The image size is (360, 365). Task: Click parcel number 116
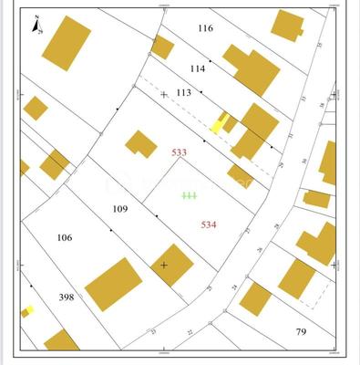pos(205,28)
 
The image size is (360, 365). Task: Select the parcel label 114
pos(198,68)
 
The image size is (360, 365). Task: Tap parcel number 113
pos(183,92)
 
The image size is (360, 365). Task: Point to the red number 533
pos(180,152)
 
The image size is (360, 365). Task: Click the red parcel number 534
pos(209,224)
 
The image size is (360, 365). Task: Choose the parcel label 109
pos(119,209)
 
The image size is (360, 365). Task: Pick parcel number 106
pos(64,237)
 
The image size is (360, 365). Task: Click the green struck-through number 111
pos(189,195)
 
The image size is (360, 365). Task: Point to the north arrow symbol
pos(34,23)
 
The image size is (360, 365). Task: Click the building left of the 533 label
pos(141,143)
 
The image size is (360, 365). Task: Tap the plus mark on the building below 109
pos(164,265)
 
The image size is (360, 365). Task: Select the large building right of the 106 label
pos(114,284)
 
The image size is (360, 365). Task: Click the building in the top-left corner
pos(67,42)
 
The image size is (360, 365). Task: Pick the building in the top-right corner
pos(288,25)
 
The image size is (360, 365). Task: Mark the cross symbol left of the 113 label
pos(164,94)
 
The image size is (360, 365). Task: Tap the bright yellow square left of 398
pos(28,311)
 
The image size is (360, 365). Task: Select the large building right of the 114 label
pos(252,70)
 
